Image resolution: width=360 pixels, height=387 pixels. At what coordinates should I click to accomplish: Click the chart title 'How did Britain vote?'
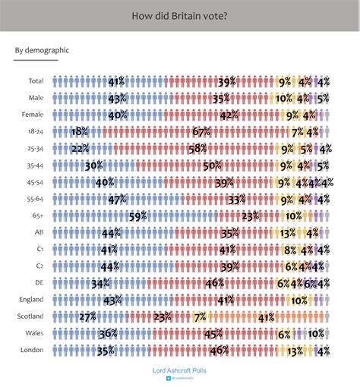pos(180,15)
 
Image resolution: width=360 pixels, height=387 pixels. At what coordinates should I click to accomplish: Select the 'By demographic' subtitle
pos(42,51)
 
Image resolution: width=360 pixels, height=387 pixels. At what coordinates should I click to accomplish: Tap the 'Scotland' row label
pos(31,316)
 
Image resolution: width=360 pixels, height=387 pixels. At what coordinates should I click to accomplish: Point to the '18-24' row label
pos(36,131)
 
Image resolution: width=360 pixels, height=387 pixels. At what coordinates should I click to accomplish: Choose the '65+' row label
pos(38,216)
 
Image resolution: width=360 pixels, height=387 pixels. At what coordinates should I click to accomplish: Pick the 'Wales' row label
pos(34,333)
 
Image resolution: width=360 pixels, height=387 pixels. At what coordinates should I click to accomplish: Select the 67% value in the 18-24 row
pos(201,132)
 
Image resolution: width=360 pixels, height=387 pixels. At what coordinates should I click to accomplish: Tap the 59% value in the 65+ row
pos(138,216)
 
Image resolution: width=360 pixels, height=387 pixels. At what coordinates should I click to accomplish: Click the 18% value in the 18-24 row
pos(80,132)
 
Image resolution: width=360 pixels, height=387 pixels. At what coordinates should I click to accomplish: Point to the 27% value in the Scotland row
pos(87,317)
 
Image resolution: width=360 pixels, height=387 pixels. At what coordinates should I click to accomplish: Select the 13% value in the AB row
pos(288,233)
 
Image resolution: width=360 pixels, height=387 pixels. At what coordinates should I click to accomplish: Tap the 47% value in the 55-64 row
pos(117,200)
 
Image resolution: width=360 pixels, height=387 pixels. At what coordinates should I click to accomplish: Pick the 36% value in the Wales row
pos(108,334)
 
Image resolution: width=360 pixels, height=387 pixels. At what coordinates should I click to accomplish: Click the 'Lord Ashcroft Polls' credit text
pos(179,370)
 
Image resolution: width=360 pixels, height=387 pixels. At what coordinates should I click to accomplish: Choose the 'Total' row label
pos(35,81)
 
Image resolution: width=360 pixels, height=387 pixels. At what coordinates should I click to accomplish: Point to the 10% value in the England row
pos(298,300)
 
